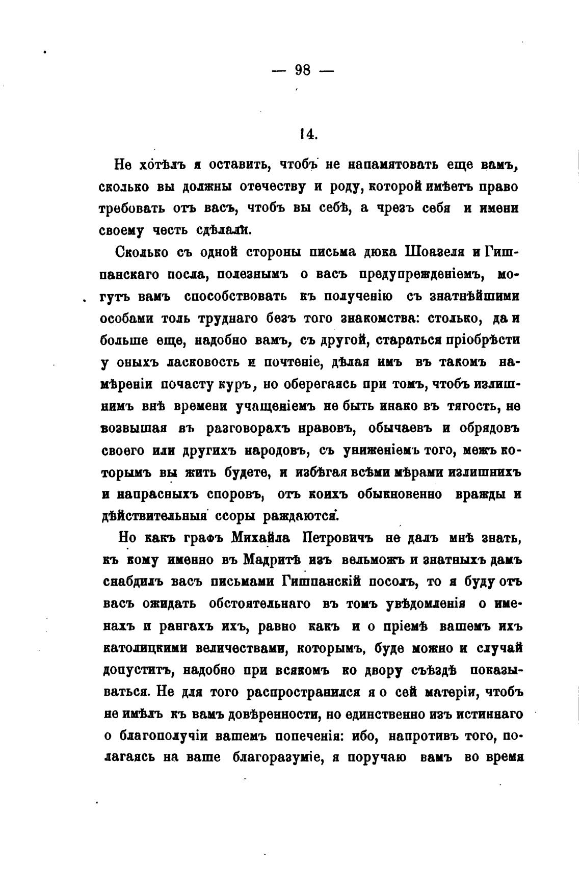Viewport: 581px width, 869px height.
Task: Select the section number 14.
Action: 308,134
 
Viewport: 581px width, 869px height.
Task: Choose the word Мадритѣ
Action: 276,560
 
